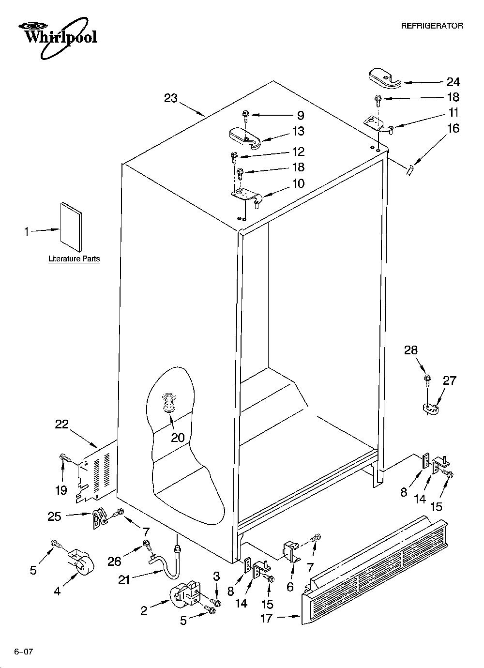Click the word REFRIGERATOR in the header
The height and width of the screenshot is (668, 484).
tap(432, 26)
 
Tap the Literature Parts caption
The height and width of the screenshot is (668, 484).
tap(74, 258)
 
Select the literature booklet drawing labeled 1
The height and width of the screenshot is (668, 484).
tap(71, 227)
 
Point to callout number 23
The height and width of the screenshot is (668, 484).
tap(170, 98)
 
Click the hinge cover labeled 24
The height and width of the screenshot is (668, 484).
tap(385, 78)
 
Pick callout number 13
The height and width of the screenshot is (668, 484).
tap(298, 131)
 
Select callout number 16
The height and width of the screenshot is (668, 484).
tap(453, 128)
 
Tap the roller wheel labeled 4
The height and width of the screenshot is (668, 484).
tap(80, 563)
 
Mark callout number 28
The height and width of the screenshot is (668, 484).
tap(410, 350)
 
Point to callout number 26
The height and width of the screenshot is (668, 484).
tap(115, 562)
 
